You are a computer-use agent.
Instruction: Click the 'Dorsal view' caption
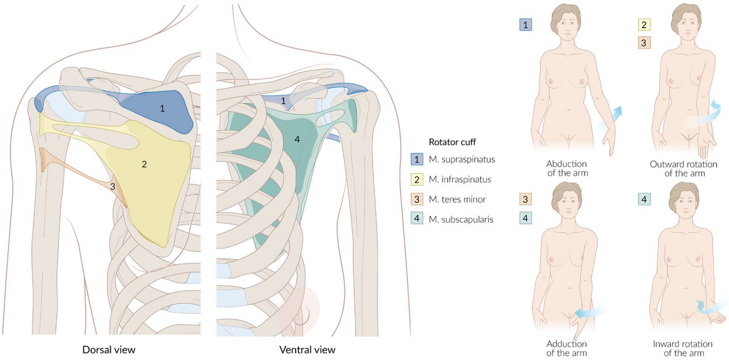[x=109, y=349]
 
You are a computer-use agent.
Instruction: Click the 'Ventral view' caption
[x=307, y=349]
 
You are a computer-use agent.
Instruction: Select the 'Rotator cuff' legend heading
[x=452, y=142]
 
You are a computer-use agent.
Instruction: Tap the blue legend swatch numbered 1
[x=418, y=160]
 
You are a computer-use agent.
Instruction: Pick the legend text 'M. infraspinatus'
[x=460, y=179]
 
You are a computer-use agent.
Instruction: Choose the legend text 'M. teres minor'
[x=457, y=199]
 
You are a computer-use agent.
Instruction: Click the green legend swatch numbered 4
[x=418, y=220]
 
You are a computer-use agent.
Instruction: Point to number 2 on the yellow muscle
[x=144, y=164]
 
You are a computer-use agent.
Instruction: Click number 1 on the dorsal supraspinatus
[x=162, y=108]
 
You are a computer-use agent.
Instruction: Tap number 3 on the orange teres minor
[x=113, y=186]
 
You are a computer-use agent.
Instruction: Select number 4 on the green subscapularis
[x=297, y=139]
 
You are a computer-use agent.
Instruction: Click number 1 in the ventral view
[x=283, y=101]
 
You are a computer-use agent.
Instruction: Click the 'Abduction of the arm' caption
[x=567, y=168]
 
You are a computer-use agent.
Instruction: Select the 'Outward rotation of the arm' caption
[x=684, y=168]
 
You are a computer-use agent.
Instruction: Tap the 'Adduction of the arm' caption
[x=567, y=348]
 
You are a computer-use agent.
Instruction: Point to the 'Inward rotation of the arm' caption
[x=683, y=348]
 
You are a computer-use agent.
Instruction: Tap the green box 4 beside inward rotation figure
[x=644, y=199]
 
